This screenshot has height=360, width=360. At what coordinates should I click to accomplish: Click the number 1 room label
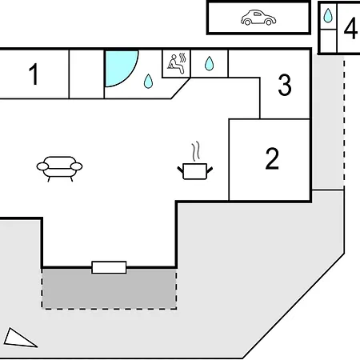click(34, 74)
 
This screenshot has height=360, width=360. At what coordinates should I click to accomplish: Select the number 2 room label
click(272, 158)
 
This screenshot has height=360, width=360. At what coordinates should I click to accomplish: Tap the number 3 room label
click(285, 85)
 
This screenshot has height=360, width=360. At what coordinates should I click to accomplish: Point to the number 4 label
click(350, 28)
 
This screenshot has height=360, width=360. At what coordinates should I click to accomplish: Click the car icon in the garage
click(258, 18)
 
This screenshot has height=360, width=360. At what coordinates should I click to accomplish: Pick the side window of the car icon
click(257, 14)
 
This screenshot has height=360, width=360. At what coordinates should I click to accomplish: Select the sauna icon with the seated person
click(177, 63)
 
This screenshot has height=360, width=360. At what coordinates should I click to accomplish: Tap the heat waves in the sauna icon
click(182, 58)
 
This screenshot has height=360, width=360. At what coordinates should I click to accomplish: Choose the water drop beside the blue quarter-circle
click(148, 81)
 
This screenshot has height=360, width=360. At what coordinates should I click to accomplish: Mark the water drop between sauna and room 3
click(209, 63)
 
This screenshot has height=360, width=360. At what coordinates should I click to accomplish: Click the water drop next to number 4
click(328, 15)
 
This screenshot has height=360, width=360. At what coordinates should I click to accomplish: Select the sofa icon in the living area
click(59, 169)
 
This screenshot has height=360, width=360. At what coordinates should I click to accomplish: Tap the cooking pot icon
click(195, 171)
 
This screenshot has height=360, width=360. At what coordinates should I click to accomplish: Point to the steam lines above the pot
click(196, 151)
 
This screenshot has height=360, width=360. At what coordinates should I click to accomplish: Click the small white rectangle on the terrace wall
click(109, 267)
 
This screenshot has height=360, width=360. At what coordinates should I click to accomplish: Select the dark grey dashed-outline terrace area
click(109, 289)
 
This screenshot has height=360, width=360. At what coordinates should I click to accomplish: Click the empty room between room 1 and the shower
click(86, 74)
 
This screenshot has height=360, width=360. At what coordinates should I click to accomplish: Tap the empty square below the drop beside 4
click(328, 41)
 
